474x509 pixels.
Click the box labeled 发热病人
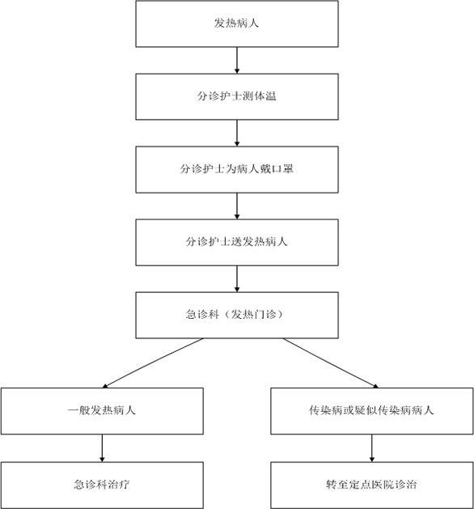(x=237, y=23)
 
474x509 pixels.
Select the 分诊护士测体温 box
(x=237, y=97)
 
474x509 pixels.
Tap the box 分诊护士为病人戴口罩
(x=237, y=169)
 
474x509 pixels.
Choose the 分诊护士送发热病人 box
(x=237, y=242)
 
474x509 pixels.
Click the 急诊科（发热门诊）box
(x=237, y=315)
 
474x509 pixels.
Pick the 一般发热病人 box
(x=102, y=411)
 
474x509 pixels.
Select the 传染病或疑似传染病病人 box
(x=372, y=411)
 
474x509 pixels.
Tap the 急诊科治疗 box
(x=102, y=485)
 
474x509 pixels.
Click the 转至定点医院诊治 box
(x=372, y=485)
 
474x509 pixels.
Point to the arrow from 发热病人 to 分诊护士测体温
(x=237, y=61)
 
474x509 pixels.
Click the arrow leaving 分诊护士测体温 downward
(x=237, y=133)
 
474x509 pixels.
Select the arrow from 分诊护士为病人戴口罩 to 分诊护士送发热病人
(x=237, y=206)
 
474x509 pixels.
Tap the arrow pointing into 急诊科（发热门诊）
(x=237, y=278)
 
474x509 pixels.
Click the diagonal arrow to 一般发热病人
(x=153, y=363)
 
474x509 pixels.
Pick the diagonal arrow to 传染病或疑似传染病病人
(x=331, y=363)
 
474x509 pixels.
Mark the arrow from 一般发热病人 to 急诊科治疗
(x=102, y=448)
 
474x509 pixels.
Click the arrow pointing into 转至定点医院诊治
(x=372, y=448)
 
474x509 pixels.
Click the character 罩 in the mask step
(x=288, y=169)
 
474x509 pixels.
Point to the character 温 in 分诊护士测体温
(x=270, y=96)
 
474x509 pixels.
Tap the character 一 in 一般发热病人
(x=73, y=410)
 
